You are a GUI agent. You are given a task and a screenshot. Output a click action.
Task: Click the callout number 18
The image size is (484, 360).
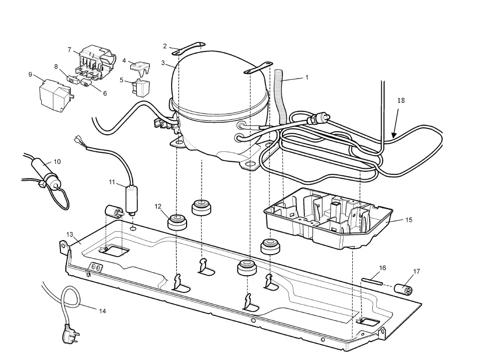point(401,100)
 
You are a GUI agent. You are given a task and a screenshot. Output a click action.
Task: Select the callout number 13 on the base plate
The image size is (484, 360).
point(70,234)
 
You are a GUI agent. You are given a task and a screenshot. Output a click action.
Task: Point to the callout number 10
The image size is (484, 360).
point(57,161)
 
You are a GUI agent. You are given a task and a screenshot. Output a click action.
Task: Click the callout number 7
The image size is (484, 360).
point(69,49)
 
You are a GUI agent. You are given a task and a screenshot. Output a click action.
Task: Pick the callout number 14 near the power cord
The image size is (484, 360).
point(102,311)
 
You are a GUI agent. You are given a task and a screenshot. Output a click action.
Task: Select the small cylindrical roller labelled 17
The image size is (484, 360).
point(403,289)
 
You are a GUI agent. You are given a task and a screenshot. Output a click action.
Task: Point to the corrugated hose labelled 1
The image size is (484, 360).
point(279,95)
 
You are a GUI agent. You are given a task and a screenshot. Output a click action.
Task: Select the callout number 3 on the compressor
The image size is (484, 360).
point(163,62)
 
